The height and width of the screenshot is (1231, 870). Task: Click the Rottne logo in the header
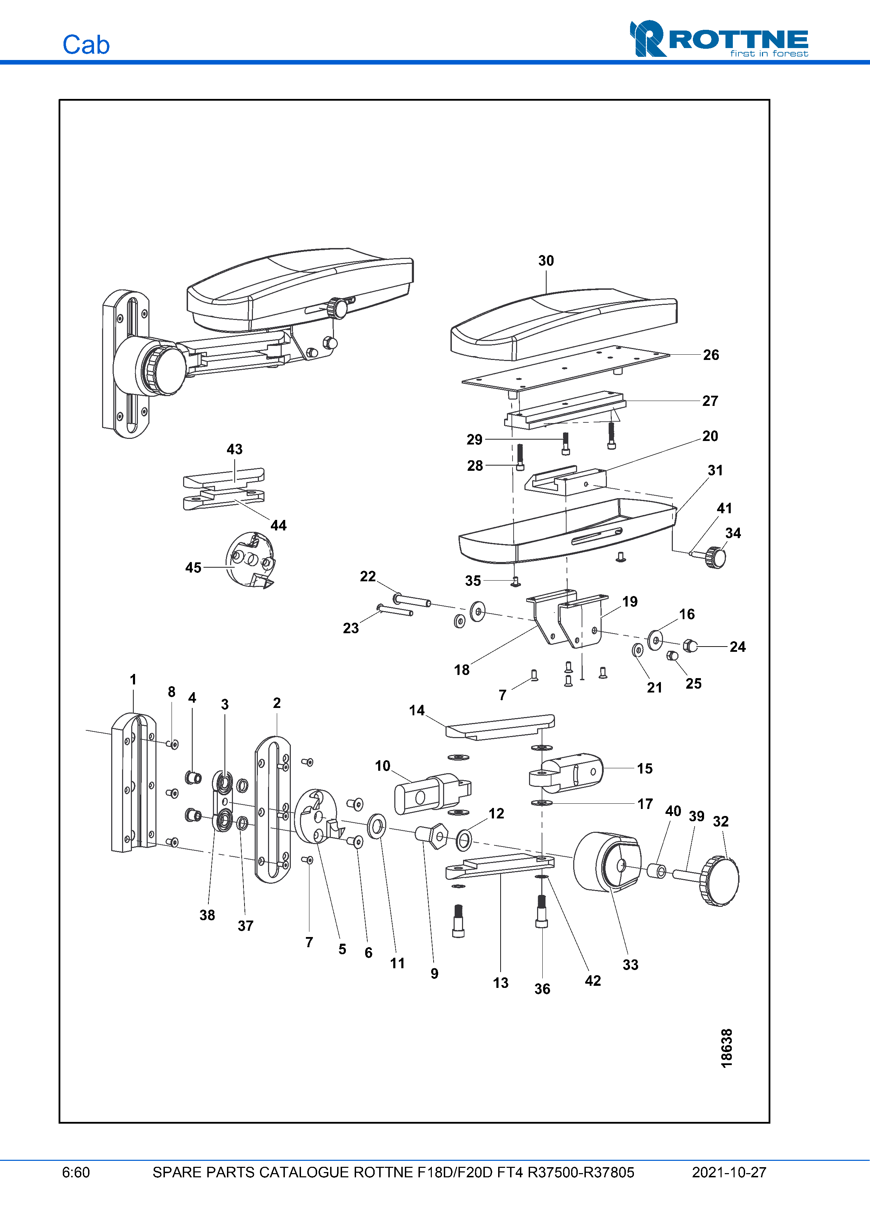coord(718,39)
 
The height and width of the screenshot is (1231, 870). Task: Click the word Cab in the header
coord(86,45)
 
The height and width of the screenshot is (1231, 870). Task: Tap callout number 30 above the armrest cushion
coord(546,261)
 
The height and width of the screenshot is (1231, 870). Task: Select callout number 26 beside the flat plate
coord(711,355)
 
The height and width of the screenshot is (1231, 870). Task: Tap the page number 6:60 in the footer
coord(75,1172)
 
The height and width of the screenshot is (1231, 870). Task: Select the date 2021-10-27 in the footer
coord(729,1172)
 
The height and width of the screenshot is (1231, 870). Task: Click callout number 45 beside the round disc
coord(193,567)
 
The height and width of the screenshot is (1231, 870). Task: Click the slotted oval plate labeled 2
coord(272,810)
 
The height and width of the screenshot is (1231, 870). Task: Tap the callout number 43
coord(234,449)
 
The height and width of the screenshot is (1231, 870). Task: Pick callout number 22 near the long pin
coord(368,576)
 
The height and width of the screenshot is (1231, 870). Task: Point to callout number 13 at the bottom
coord(501,983)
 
